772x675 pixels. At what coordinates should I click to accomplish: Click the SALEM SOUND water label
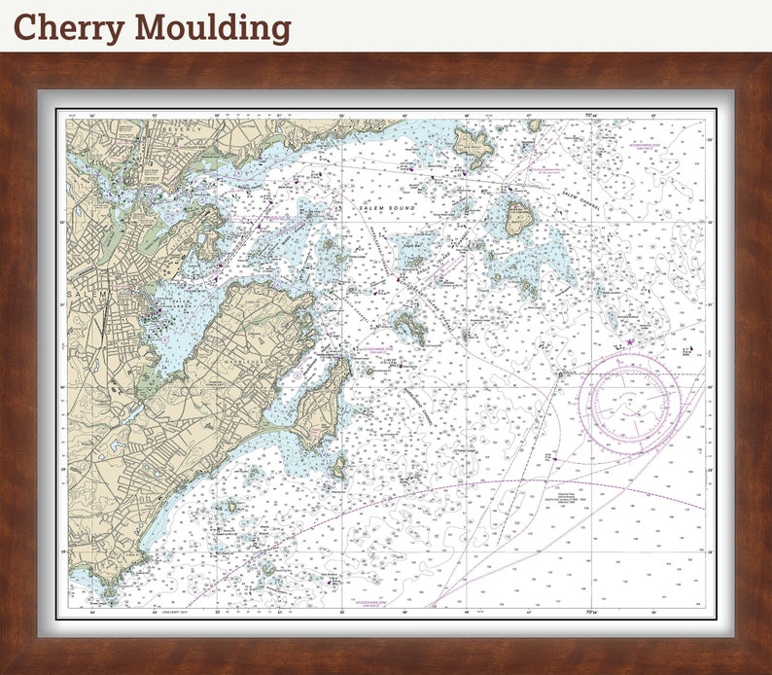[x=387, y=208]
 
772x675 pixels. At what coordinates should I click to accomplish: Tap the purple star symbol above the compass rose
[x=630, y=341]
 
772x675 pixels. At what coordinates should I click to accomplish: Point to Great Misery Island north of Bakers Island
[x=474, y=146]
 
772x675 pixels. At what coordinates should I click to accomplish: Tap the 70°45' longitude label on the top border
[x=590, y=116]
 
